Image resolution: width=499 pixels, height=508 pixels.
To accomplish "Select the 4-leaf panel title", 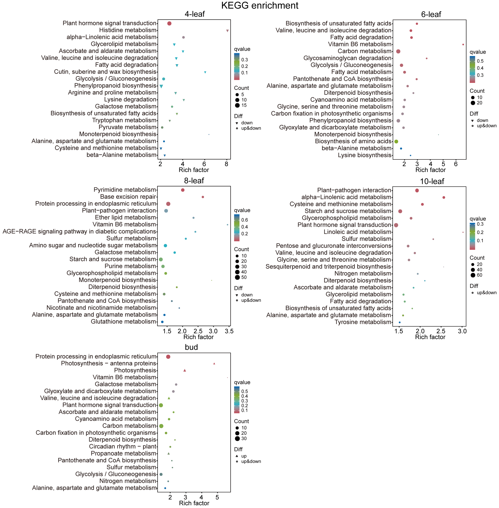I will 194,14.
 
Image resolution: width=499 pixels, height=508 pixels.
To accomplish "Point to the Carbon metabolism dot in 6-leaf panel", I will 398,51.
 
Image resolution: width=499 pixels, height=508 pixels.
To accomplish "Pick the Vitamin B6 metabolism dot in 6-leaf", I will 463,45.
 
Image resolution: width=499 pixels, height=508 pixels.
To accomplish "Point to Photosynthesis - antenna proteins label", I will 109,363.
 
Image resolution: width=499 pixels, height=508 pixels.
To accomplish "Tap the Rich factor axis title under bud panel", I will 194,503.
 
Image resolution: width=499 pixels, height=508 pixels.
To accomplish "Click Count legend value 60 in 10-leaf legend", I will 480,275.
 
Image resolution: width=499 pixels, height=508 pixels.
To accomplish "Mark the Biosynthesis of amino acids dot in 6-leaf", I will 396,142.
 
